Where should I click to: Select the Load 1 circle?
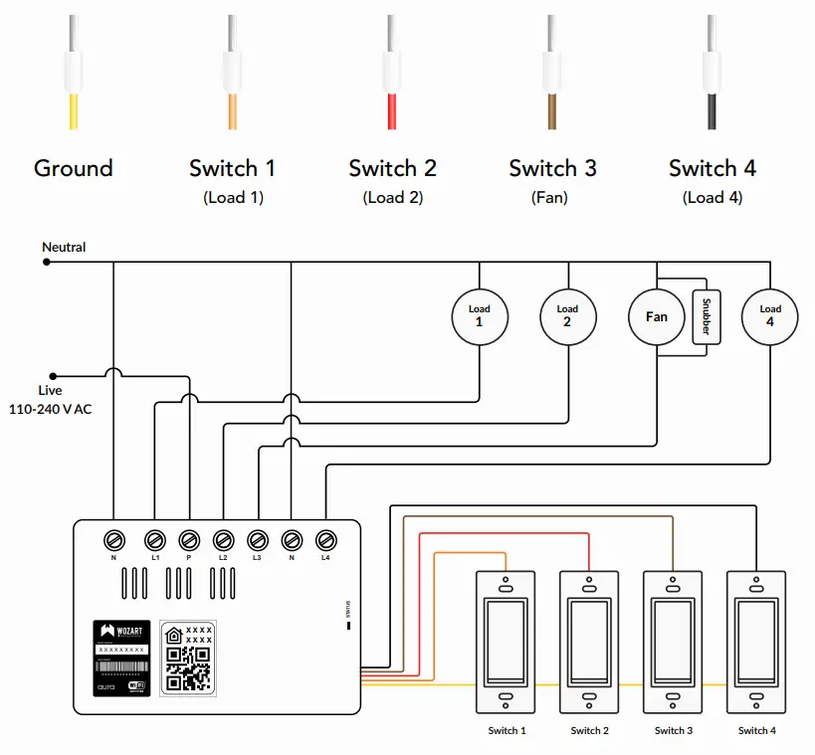pos(480,316)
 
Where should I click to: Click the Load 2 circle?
pos(567,316)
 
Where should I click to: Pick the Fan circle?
pos(656,316)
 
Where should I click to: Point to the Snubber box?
pos(706,316)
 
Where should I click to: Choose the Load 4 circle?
pos(770,316)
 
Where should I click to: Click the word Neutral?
pos(64,247)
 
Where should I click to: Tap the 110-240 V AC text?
pos(50,409)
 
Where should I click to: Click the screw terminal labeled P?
pos(189,540)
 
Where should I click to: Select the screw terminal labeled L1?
pos(154,540)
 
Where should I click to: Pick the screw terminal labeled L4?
pos(325,540)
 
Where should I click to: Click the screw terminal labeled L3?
pos(257,540)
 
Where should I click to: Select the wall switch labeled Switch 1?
pos(507,642)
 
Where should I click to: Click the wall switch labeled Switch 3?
pos(674,642)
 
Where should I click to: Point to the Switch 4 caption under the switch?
pos(756,731)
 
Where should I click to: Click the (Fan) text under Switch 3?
pos(549,197)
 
